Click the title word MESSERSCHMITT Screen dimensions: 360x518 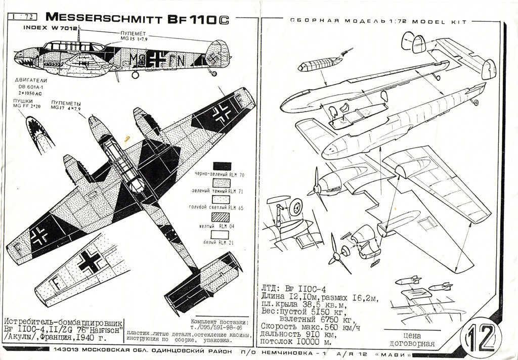coord(104,18)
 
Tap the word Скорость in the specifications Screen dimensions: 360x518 coord(281,326)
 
